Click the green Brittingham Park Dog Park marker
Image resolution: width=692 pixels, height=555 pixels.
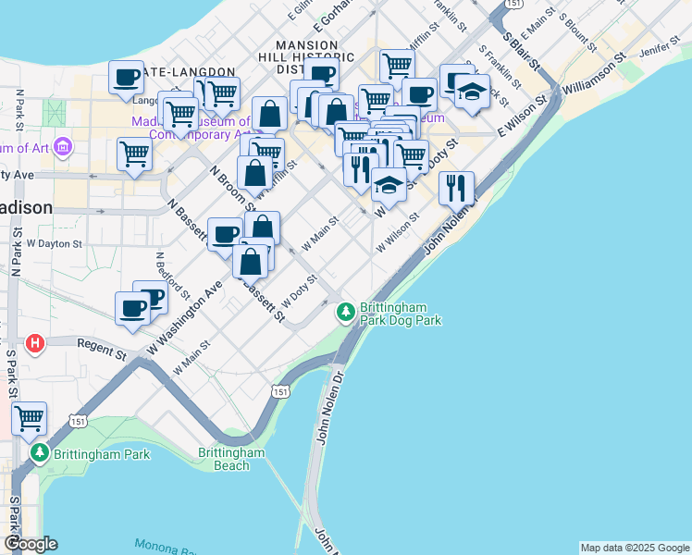coord(346,313)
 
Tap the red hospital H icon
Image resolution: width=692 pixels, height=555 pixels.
coord(35,344)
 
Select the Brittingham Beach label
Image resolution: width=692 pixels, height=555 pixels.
coord(231,459)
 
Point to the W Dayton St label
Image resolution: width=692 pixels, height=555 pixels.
coord(55,243)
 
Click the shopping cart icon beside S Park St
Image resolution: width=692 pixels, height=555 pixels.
coord(29,419)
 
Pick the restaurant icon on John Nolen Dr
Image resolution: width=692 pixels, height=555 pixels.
coord(456,188)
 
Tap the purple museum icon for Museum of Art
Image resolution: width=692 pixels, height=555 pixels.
coord(63,147)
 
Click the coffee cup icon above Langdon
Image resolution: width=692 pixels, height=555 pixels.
coord(127,77)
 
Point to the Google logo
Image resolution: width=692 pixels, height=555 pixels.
coord(31,544)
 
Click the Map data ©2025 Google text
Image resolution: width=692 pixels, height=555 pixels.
coord(634,548)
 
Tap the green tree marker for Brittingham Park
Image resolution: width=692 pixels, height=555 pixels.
coord(39,454)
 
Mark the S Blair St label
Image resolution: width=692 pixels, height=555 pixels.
coord(523,48)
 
